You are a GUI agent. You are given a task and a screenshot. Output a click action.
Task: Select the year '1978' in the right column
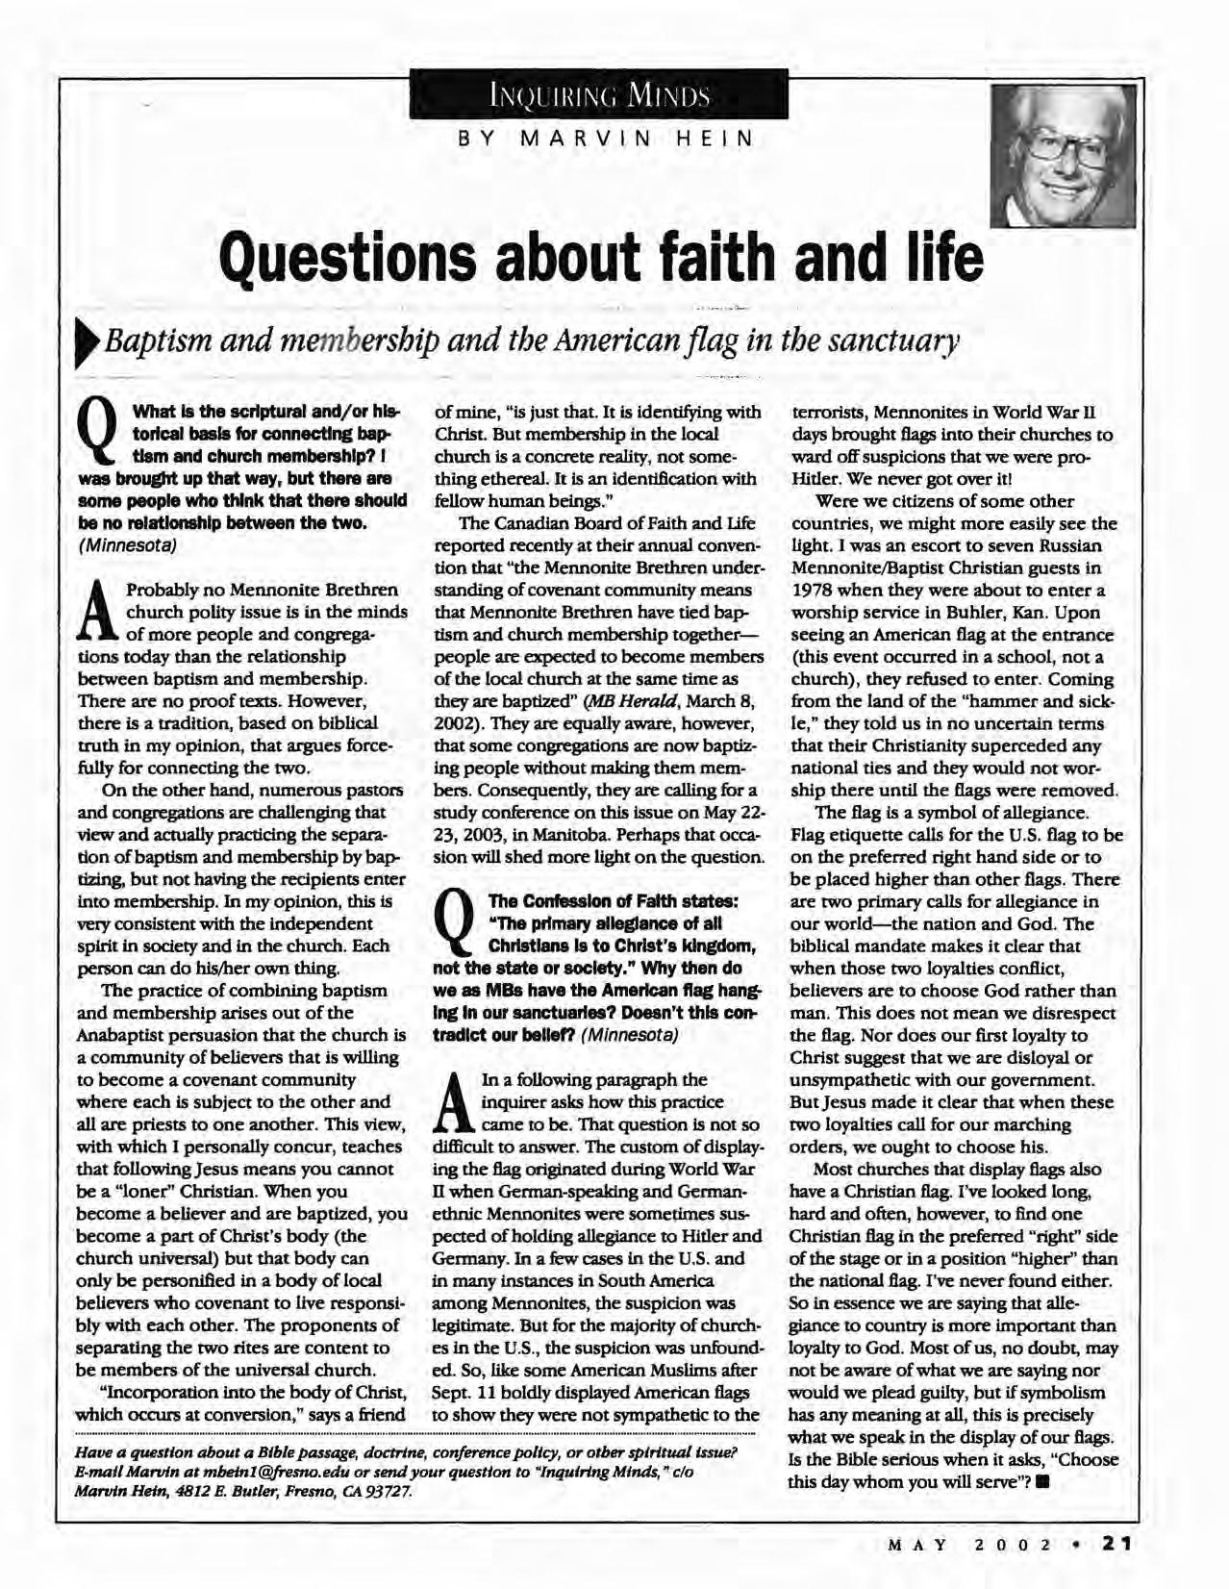point(814,590)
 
